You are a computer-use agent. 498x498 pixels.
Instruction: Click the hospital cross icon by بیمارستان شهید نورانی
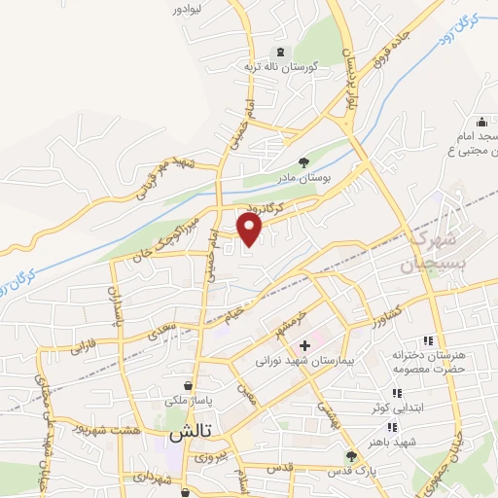pos(304,345)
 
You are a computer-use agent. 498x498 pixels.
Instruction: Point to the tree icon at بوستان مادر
pos(305,163)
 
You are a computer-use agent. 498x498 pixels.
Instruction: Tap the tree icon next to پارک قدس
pos(351,455)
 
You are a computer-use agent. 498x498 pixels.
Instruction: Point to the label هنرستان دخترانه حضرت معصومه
pos(428,361)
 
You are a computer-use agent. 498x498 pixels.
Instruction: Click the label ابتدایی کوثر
pos(427,409)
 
